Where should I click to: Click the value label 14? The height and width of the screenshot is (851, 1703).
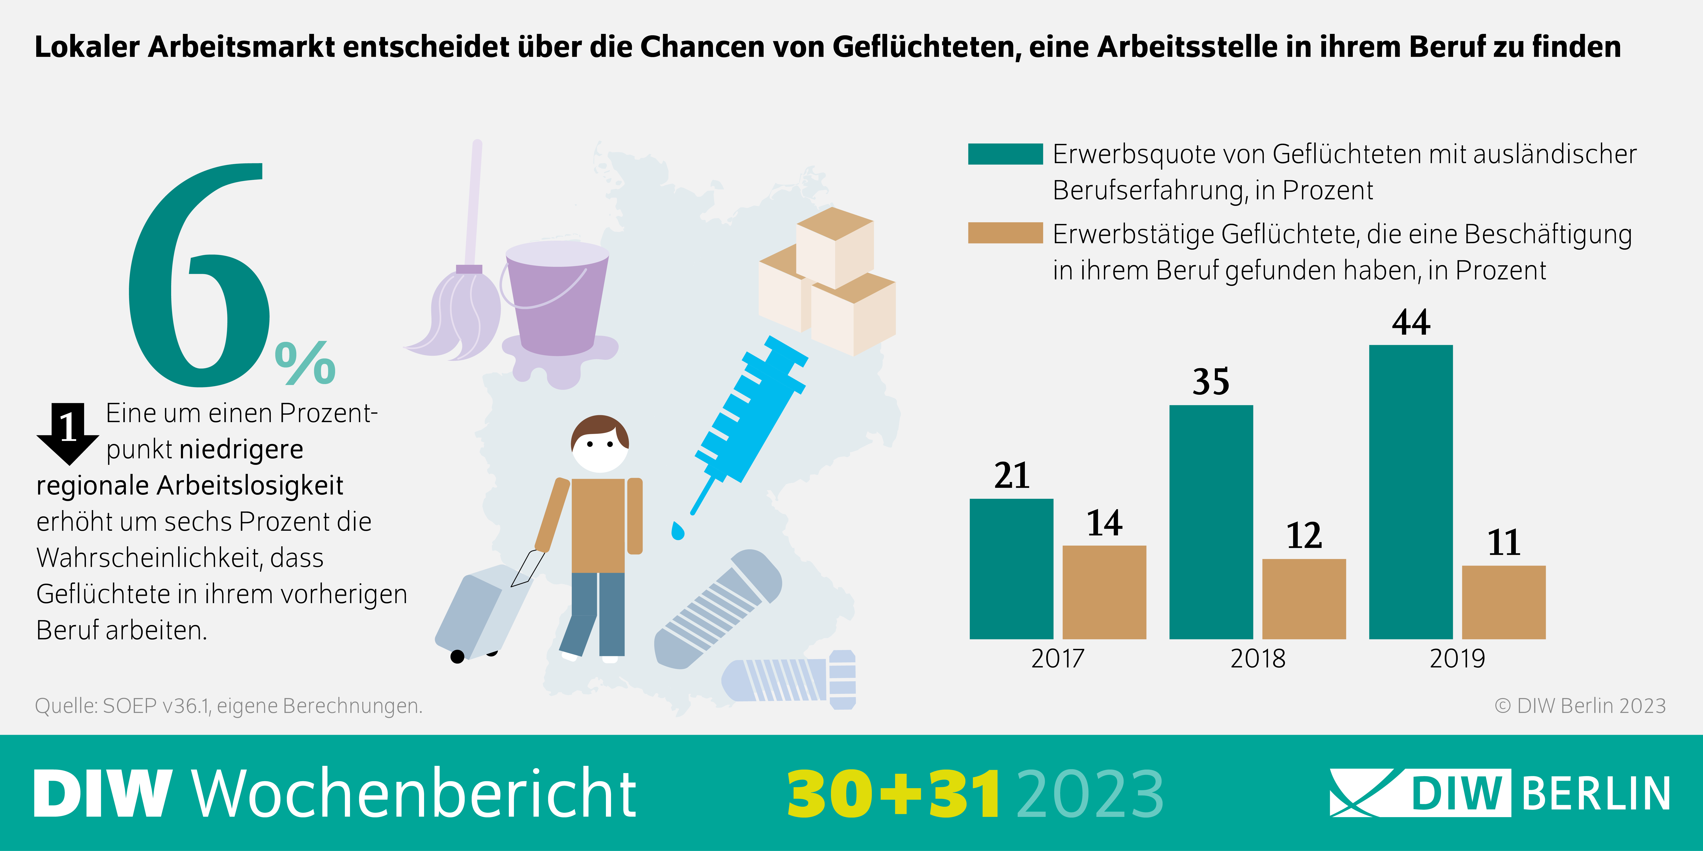tap(1104, 523)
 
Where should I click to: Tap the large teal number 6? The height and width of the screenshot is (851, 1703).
tap(198, 278)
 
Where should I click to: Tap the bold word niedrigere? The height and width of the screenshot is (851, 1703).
tap(241, 449)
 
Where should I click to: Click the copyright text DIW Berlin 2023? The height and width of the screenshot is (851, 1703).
tap(1580, 706)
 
